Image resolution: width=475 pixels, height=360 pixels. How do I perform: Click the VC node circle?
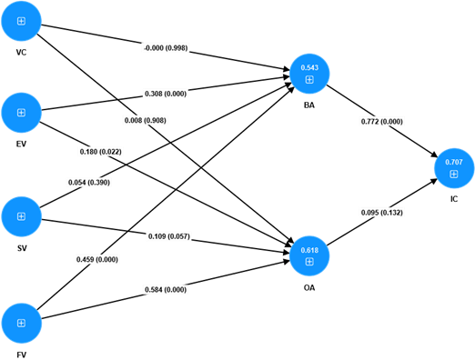pos(22,20)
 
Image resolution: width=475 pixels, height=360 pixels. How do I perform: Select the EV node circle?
pos(22,112)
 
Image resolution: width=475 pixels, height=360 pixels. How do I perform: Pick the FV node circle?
pos(22,323)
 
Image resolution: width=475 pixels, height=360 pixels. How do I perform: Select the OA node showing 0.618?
pos(309,255)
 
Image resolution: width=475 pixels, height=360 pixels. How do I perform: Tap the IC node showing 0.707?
pos(453,167)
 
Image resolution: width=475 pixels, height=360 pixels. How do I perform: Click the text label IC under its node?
pos(453,198)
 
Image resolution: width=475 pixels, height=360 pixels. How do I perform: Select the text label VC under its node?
pos(22,52)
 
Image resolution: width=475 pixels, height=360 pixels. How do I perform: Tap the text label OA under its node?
pos(309,286)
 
